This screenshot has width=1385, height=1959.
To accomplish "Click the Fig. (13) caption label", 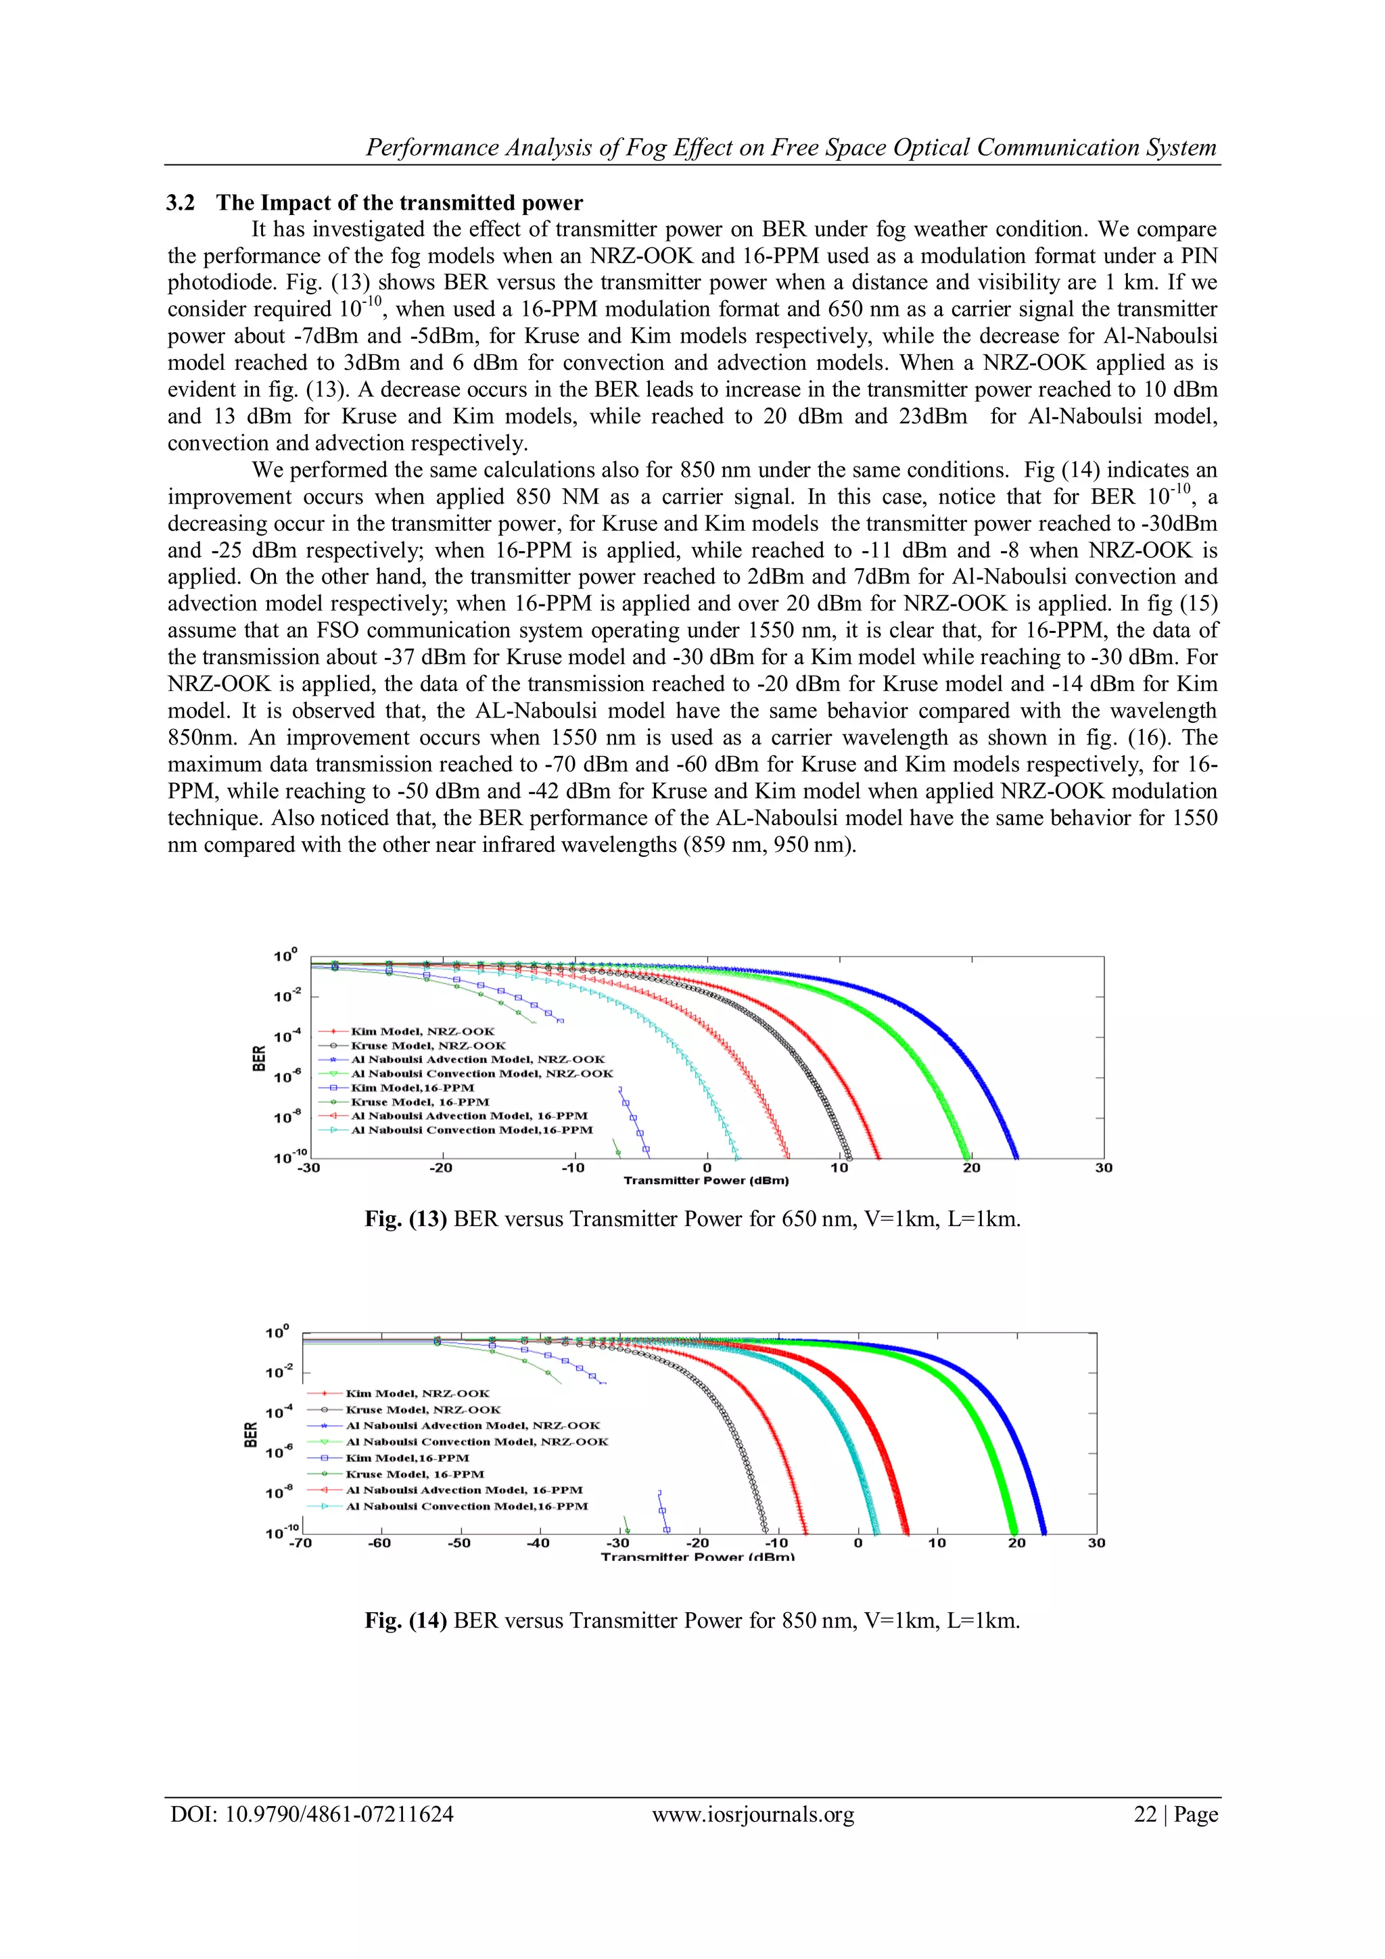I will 405,1219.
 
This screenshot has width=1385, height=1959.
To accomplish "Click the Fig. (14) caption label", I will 405,1620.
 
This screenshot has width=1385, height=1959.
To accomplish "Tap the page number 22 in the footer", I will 1144,1814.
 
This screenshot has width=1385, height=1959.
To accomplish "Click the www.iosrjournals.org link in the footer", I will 753,1814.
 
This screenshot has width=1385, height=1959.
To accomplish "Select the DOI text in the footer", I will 312,1814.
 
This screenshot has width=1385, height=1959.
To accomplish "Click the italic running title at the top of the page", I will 790,147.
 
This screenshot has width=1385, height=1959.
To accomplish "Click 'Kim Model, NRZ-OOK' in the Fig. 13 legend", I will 423,1031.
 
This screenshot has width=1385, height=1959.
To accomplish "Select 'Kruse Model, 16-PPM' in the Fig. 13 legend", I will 420,1102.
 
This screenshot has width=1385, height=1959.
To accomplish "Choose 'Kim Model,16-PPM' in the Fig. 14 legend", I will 407,1457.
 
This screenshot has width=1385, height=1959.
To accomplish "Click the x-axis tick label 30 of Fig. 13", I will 1104,1167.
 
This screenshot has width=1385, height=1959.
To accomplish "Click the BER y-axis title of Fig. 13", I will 258,1058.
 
